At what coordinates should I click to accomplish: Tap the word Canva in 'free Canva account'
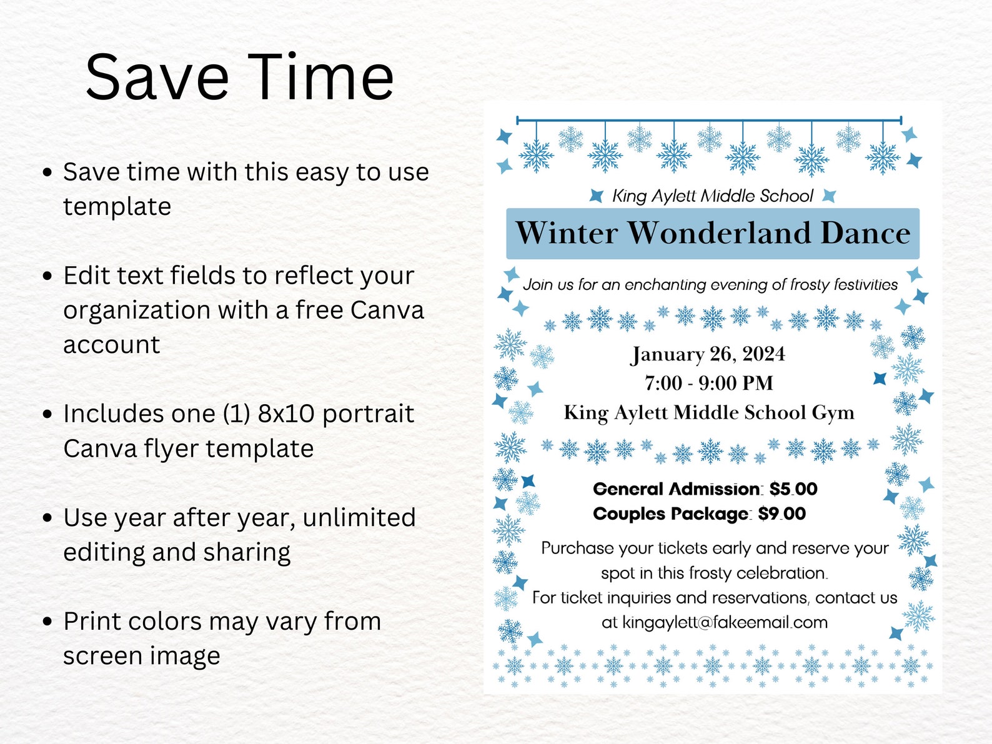(x=387, y=310)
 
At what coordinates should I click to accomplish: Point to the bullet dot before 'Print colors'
(x=47, y=622)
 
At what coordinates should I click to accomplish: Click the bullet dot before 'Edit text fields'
(x=47, y=275)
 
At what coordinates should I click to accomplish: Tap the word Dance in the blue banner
(x=865, y=233)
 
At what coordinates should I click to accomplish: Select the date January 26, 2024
(x=708, y=354)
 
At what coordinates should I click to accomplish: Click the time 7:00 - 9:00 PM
(x=709, y=383)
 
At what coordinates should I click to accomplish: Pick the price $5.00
(x=793, y=489)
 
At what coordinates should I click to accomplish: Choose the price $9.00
(x=782, y=514)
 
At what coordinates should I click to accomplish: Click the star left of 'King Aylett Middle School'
(x=597, y=196)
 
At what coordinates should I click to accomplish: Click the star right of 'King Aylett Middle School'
(x=829, y=196)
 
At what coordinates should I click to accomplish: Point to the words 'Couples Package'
(x=670, y=514)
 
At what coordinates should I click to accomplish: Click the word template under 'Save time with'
(x=117, y=207)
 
